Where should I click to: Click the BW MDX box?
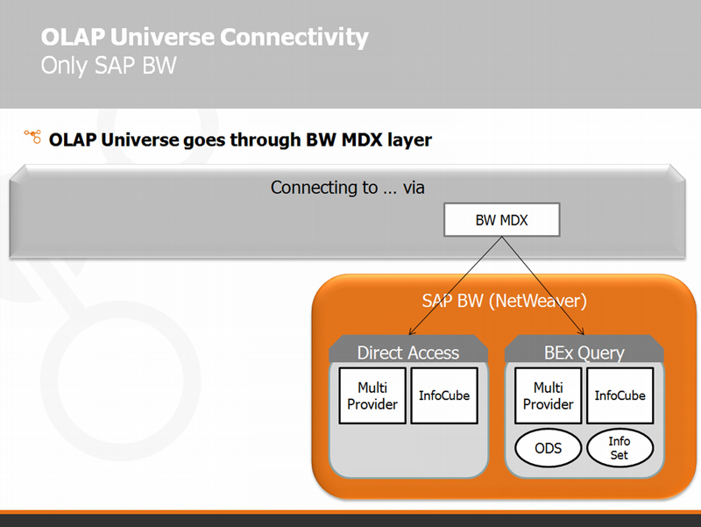pyautogui.click(x=501, y=220)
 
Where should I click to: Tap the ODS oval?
pyautogui.click(x=549, y=448)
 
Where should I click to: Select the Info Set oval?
pyautogui.click(x=620, y=448)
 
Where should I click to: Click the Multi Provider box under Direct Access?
pyautogui.click(x=372, y=395)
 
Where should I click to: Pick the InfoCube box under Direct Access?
pyautogui.click(x=444, y=395)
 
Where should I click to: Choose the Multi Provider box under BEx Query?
pyautogui.click(x=549, y=395)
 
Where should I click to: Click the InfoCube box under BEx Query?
pyautogui.click(x=620, y=395)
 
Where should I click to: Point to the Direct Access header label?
pyautogui.click(x=408, y=353)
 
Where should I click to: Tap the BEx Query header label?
pyautogui.click(x=584, y=353)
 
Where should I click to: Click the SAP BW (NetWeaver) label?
pyautogui.click(x=505, y=301)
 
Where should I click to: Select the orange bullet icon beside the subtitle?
pyautogui.click(x=32, y=137)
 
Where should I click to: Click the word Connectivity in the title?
pyautogui.click(x=294, y=37)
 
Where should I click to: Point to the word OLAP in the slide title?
pyautogui.click(x=73, y=37)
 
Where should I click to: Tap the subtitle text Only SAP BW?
pyautogui.click(x=109, y=65)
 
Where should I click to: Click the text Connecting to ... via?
pyautogui.click(x=347, y=188)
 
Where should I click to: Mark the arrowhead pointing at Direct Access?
pyautogui.click(x=411, y=332)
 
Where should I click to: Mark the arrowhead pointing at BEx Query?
pyautogui.click(x=581, y=331)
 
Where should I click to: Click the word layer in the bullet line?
pyautogui.click(x=409, y=140)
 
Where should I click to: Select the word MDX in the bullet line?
pyautogui.click(x=362, y=139)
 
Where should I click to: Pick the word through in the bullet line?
pyautogui.click(x=266, y=140)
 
